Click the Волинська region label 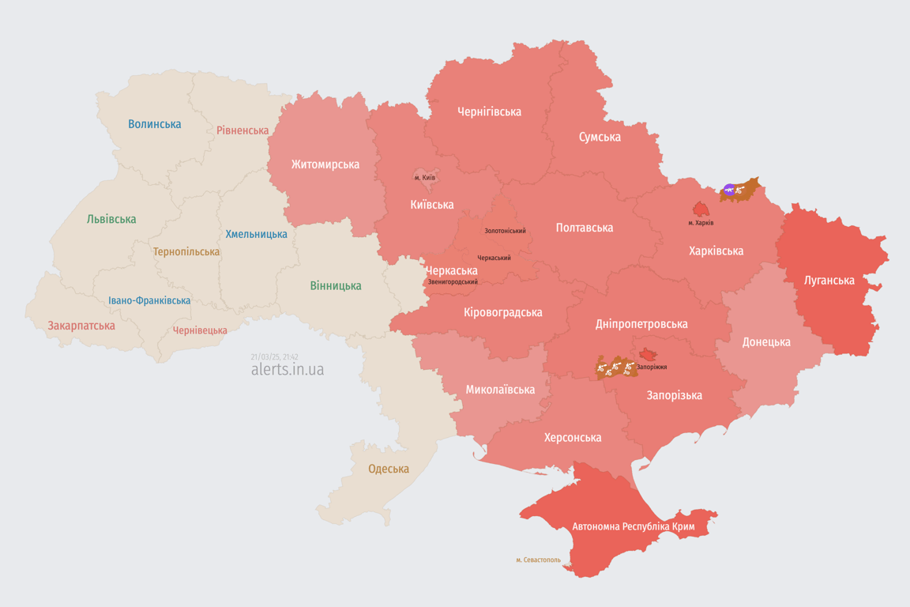pyautogui.click(x=154, y=124)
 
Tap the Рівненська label pyautogui.click(x=243, y=130)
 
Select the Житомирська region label pyautogui.click(x=325, y=164)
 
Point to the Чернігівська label pyautogui.click(x=489, y=111)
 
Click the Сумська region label pyautogui.click(x=600, y=137)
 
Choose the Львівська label pyautogui.click(x=111, y=219)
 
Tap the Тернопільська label pyautogui.click(x=186, y=251)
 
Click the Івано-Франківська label pyautogui.click(x=149, y=300)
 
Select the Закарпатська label pyautogui.click(x=81, y=326)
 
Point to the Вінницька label pyautogui.click(x=336, y=285)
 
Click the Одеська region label pyautogui.click(x=389, y=469)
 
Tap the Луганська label pyautogui.click(x=829, y=280)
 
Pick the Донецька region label pyautogui.click(x=765, y=342)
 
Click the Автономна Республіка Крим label pyautogui.click(x=621, y=526)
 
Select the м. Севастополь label pyautogui.click(x=538, y=560)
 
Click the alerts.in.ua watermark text pyautogui.click(x=287, y=370)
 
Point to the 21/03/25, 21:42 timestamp pyautogui.click(x=274, y=357)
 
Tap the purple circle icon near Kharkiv pyautogui.click(x=729, y=190)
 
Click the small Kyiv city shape pyautogui.click(x=425, y=175)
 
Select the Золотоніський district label pyautogui.click(x=505, y=231)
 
